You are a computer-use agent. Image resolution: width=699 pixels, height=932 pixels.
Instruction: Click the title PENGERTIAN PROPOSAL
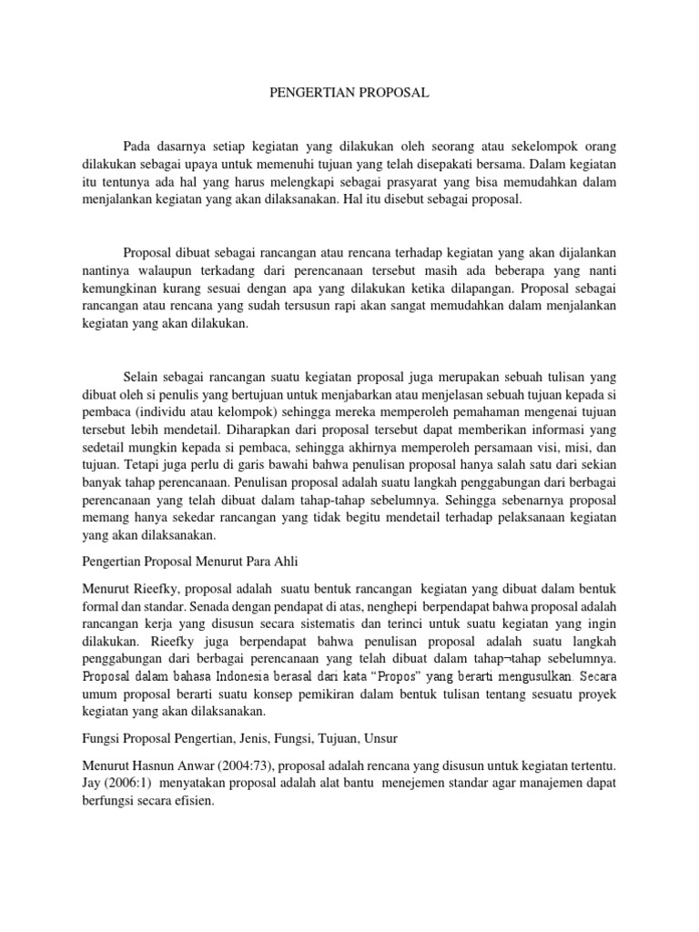350,93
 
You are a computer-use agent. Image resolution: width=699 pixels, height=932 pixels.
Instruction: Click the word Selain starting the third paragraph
140,376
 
